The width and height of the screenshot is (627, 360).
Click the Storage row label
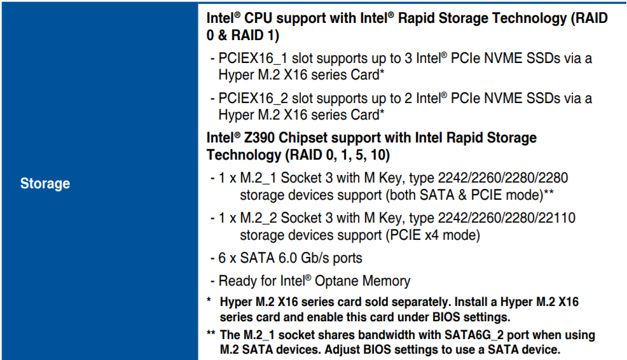coord(45,183)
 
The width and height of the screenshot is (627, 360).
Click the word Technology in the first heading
coord(529,18)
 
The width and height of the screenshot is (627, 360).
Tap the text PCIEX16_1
coord(252,59)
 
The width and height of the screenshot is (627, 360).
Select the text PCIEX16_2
coord(252,99)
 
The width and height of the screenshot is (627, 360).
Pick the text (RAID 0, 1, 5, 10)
coord(337,155)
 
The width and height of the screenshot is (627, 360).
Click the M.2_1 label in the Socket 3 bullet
coord(258,178)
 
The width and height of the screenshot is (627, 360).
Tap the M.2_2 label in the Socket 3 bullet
coord(258,218)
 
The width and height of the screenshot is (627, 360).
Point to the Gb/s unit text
coord(315,258)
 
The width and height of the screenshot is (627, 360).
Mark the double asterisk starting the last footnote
coord(211,333)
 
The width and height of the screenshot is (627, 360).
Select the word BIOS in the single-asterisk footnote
coord(446,317)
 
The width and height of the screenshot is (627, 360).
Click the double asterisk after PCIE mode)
coord(549,192)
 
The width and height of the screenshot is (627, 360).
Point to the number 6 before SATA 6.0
coord(222,258)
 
